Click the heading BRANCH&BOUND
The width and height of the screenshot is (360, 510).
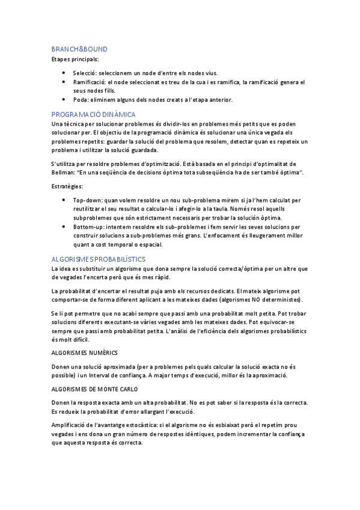tap(79, 49)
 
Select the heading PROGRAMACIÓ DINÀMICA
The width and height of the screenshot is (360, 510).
tap(93, 114)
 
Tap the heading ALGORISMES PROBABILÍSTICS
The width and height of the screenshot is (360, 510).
tap(98, 258)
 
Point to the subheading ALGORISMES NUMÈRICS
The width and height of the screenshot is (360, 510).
tap(84, 352)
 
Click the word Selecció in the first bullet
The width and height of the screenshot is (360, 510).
tap(85, 73)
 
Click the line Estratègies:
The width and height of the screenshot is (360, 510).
tap(67, 186)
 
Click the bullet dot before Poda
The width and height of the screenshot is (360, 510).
tap(64, 100)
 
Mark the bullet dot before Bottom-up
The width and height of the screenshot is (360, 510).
tap(64, 227)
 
